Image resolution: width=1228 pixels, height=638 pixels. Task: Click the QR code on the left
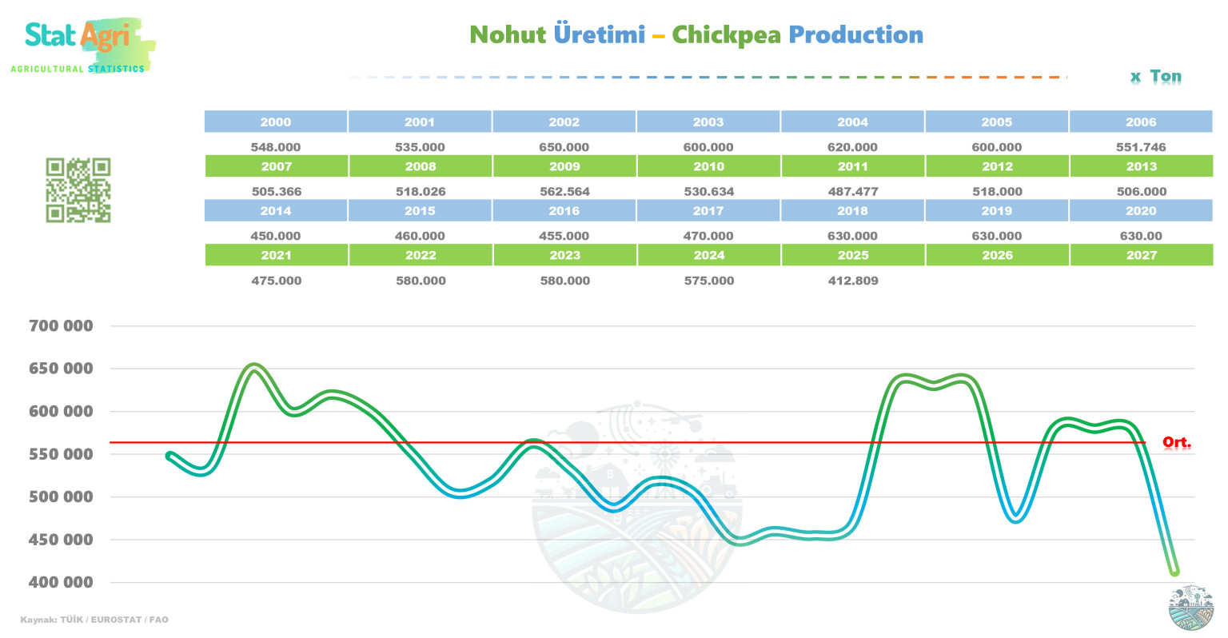pyautogui.click(x=78, y=190)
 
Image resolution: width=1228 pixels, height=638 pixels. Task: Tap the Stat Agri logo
pyautogui.click(x=80, y=44)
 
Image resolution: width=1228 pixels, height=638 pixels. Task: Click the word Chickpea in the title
pyautogui.click(x=726, y=35)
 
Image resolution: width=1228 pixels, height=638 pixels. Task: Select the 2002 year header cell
pyautogui.click(x=564, y=122)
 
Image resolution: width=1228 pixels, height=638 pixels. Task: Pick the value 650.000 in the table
pyautogui.click(x=564, y=147)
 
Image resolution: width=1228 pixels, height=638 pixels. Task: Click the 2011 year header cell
pyautogui.click(x=852, y=166)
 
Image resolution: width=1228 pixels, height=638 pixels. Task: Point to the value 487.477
pyautogui.click(x=852, y=192)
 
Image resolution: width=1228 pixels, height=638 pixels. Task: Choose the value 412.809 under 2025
pyautogui.click(x=852, y=281)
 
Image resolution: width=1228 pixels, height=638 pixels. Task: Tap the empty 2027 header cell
pyautogui.click(x=1141, y=255)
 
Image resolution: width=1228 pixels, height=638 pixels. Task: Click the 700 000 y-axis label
pyautogui.click(x=61, y=325)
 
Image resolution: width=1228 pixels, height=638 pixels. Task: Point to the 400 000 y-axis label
pyautogui.click(x=61, y=582)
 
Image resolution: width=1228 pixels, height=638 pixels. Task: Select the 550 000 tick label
pyautogui.click(x=61, y=454)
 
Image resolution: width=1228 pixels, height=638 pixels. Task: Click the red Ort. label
pyautogui.click(x=1176, y=442)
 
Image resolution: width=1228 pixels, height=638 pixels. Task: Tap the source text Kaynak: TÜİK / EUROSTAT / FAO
pyautogui.click(x=94, y=620)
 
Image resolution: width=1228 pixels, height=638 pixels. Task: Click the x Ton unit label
pyautogui.click(x=1156, y=77)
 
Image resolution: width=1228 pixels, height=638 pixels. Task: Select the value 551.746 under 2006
pyautogui.click(x=1141, y=147)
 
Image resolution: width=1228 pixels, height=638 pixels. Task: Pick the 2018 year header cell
pyautogui.click(x=852, y=211)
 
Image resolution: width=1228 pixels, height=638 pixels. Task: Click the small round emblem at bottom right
pyautogui.click(x=1190, y=608)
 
